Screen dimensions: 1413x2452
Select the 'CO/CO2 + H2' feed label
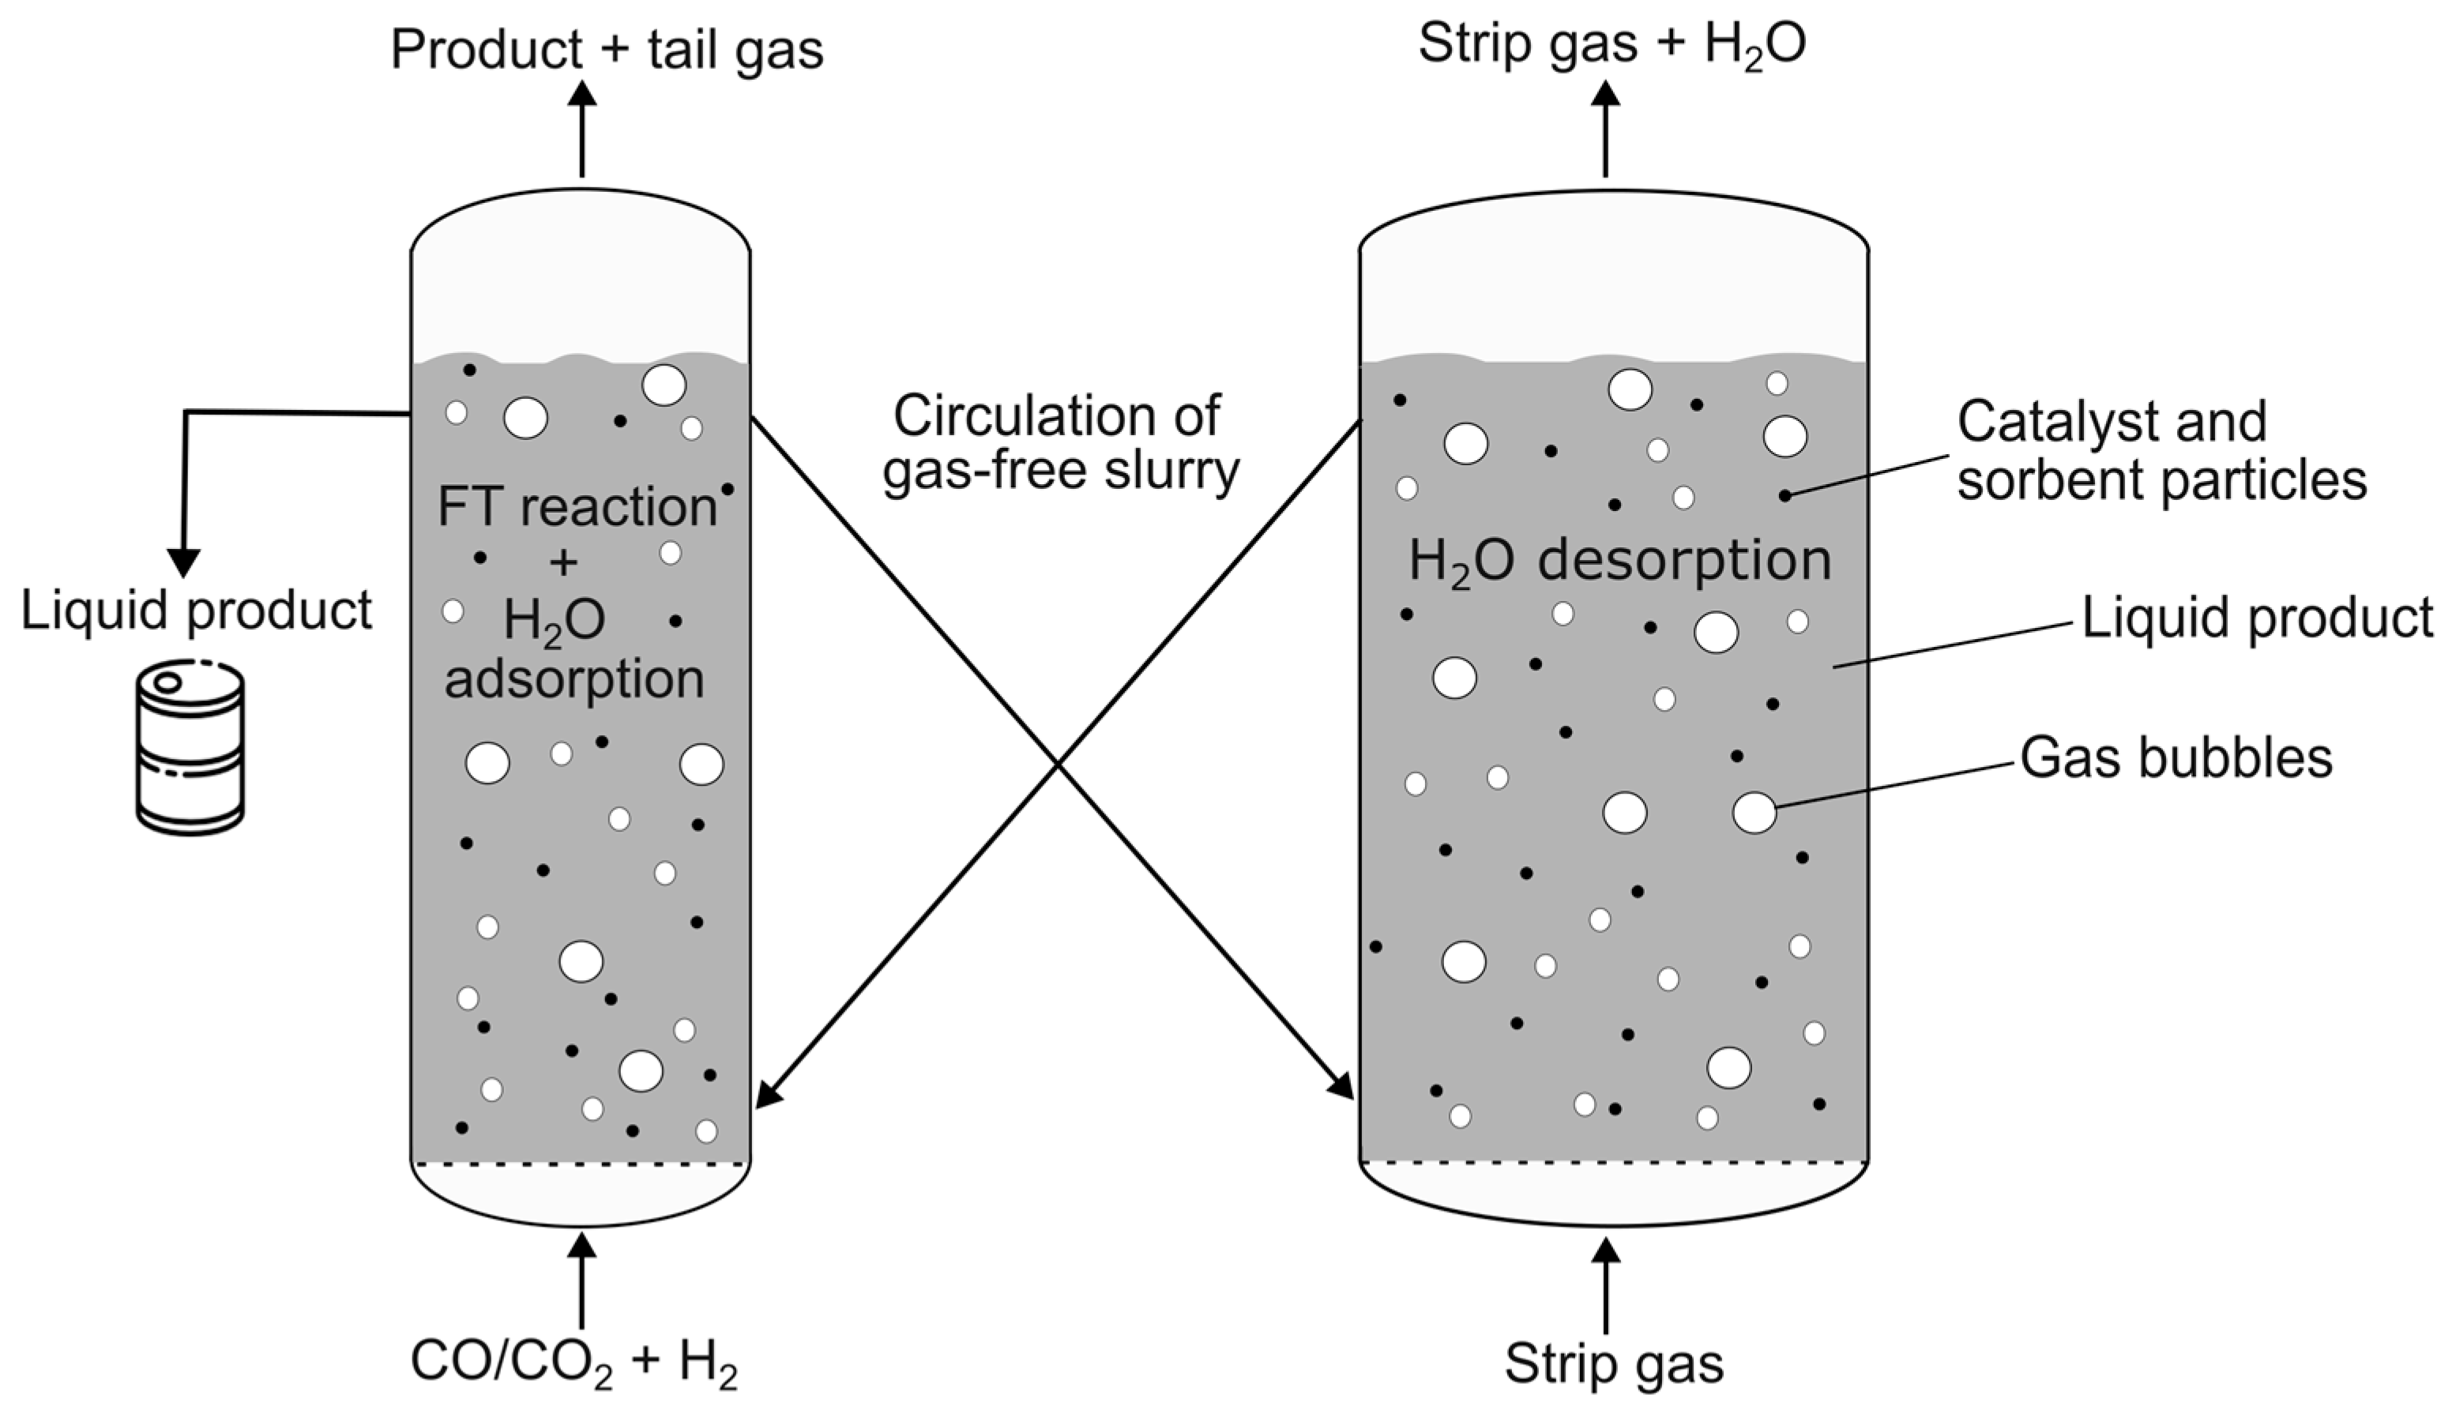[x=574, y=1362]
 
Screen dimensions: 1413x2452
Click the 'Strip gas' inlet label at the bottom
[x=1614, y=1362]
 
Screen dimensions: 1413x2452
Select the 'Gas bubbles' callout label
[x=2176, y=758]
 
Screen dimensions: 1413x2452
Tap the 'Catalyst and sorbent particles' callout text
[x=2161, y=451]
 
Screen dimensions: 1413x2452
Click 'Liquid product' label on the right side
[x=2257, y=618]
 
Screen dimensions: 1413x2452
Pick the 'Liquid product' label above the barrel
[x=197, y=611]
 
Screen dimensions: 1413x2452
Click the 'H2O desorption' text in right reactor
[x=1619, y=561]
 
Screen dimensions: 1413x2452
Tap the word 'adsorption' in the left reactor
[x=574, y=678]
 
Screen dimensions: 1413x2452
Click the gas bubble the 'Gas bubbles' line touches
[x=1754, y=812]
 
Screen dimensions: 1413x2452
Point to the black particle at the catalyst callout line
[x=1784, y=496]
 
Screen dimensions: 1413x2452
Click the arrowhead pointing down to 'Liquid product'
[x=183, y=563]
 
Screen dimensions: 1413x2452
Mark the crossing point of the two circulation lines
[x=1057, y=765]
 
